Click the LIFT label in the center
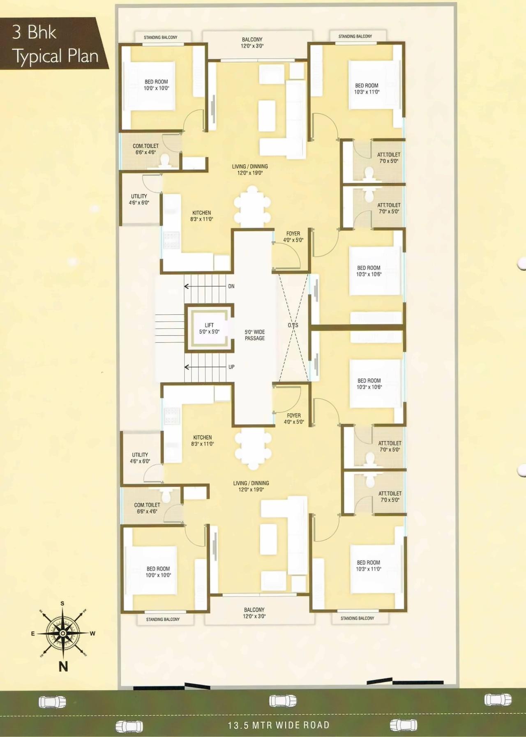(x=209, y=328)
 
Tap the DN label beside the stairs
(x=231, y=286)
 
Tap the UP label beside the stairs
(x=231, y=367)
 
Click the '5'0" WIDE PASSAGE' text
(x=255, y=335)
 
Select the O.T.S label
(x=293, y=325)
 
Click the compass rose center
(x=62, y=633)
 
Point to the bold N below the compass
(x=63, y=666)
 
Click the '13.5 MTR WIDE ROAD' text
(x=279, y=725)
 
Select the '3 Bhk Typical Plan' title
(x=55, y=44)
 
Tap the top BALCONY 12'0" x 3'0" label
(x=252, y=43)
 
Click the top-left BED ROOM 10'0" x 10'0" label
(x=156, y=85)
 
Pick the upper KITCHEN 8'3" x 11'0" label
(x=201, y=216)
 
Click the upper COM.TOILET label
(x=145, y=149)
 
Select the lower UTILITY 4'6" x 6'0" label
(x=140, y=458)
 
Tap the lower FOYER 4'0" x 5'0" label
(x=294, y=419)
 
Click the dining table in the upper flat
(x=252, y=207)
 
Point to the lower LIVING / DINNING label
(x=251, y=486)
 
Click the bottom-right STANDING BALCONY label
(x=357, y=618)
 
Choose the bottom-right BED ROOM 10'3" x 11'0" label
(x=369, y=566)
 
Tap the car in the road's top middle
(x=283, y=701)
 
